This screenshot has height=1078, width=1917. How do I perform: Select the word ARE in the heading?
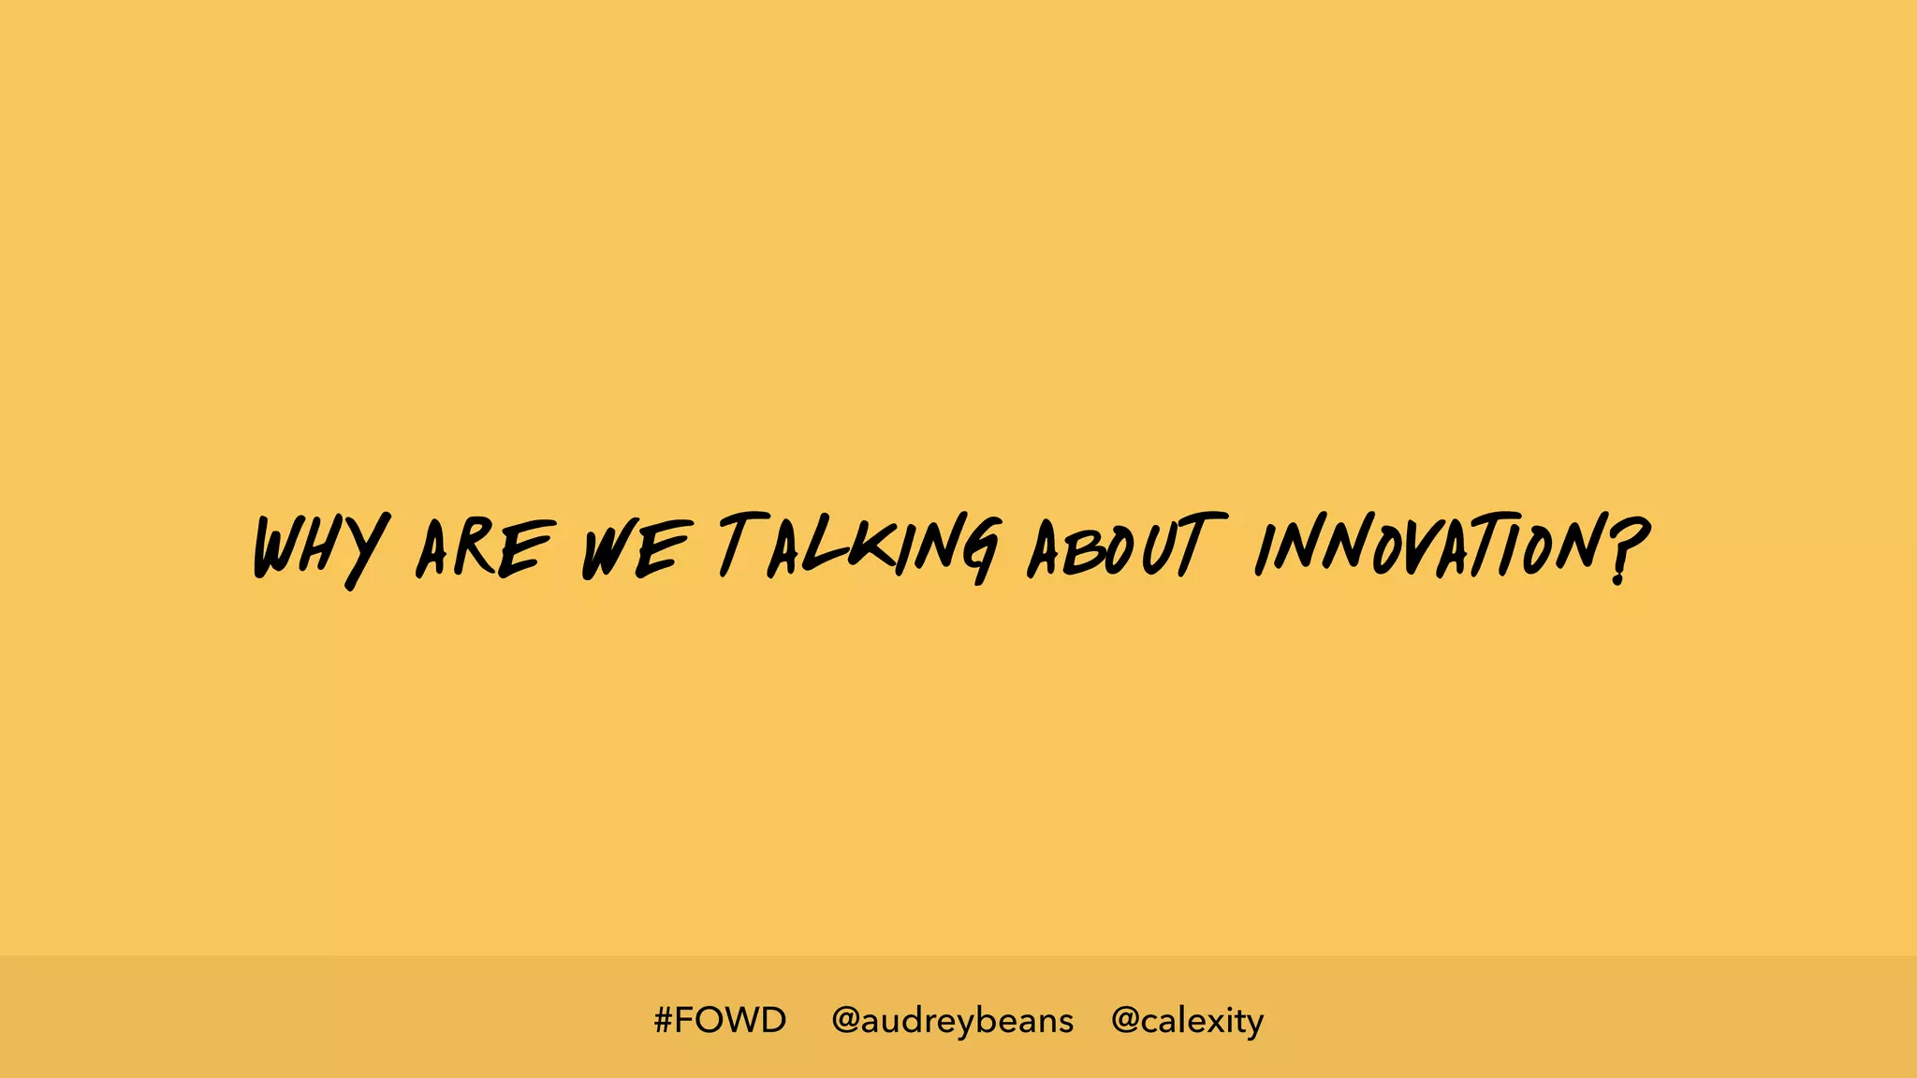(484, 548)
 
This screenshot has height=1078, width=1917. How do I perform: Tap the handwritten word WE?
(637, 549)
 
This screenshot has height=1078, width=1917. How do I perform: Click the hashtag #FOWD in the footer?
(720, 1020)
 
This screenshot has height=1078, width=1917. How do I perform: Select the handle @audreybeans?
(952, 1020)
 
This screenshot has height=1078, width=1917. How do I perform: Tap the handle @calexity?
(1187, 1020)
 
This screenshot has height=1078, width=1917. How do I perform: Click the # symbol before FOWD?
(663, 1020)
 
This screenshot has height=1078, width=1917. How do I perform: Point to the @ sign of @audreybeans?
(845, 1020)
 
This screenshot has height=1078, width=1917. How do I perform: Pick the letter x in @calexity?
(1217, 1021)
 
